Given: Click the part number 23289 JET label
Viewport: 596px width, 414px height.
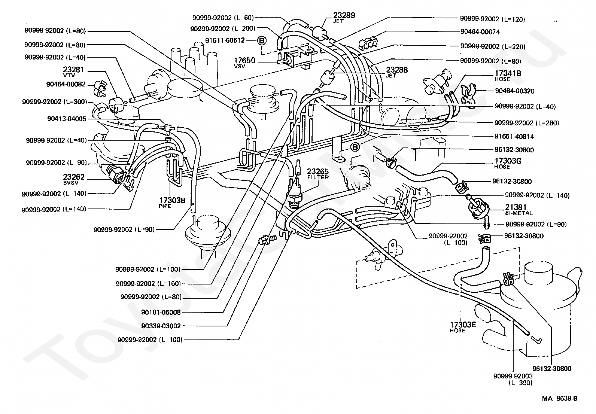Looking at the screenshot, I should click(344, 17).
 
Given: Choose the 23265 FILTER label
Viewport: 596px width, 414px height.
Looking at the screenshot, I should click(318, 174).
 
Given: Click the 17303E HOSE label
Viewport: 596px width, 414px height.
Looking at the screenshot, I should click(463, 326).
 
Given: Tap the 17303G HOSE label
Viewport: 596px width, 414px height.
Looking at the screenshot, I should click(508, 163).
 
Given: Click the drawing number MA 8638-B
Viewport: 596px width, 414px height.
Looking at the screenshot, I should click(559, 399).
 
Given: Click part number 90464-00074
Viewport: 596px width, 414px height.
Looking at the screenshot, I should click(480, 32).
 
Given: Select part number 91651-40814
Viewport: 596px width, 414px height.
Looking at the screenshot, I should click(514, 136).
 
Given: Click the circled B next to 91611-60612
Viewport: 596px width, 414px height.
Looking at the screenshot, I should click(261, 40).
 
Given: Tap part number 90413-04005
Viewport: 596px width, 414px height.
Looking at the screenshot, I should click(67, 119).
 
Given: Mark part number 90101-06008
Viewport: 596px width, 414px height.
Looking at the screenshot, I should click(161, 312).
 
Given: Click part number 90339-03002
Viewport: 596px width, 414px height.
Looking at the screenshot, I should click(161, 326).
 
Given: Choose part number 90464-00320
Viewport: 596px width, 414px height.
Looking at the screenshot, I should click(514, 91).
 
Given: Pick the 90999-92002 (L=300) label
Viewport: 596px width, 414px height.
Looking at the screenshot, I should click(54, 102).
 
